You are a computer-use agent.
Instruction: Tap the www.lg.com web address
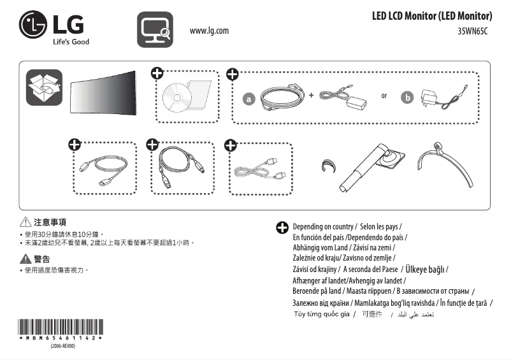pyautogui.click(x=209, y=31)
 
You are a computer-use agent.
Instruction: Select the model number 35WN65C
pyautogui.click(x=472, y=31)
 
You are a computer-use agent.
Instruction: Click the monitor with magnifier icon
pyautogui.click(x=155, y=29)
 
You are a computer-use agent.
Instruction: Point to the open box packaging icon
pyautogui.click(x=43, y=87)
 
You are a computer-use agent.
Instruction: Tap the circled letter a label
pyautogui.click(x=249, y=99)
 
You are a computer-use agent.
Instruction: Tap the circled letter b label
pyautogui.click(x=407, y=98)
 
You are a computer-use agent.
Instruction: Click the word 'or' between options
pyautogui.click(x=384, y=96)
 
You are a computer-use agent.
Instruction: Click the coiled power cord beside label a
pyautogui.click(x=280, y=97)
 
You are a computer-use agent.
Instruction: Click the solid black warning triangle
pyautogui.click(x=26, y=258)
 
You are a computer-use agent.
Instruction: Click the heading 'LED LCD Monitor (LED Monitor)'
pyautogui.click(x=431, y=16)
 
